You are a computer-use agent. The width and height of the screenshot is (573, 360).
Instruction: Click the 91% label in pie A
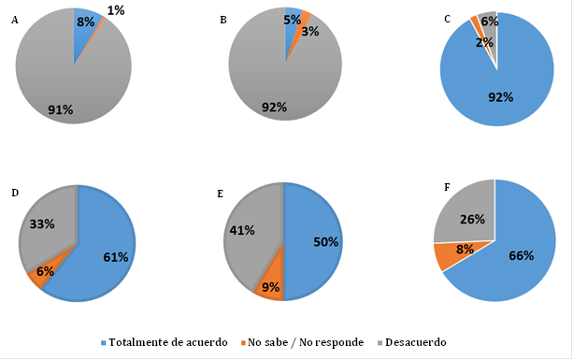tap(61, 109)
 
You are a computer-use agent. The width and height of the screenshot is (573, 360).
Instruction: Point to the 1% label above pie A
tap(118, 10)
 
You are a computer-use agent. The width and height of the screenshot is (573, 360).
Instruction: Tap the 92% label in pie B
tap(273, 108)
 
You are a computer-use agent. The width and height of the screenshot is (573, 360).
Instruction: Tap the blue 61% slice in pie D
tap(103, 257)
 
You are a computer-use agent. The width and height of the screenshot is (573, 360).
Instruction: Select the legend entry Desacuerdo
tap(412, 343)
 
